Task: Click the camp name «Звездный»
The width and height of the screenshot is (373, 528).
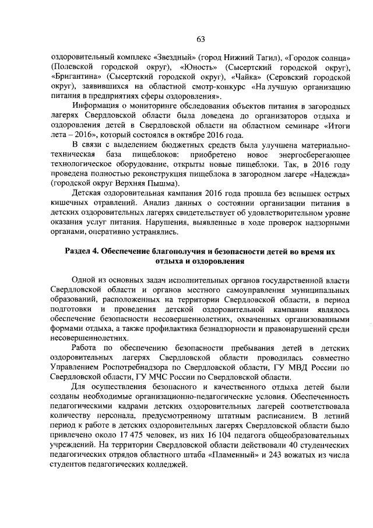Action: [175, 59]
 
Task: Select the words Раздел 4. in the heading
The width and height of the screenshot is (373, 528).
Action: [81, 251]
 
